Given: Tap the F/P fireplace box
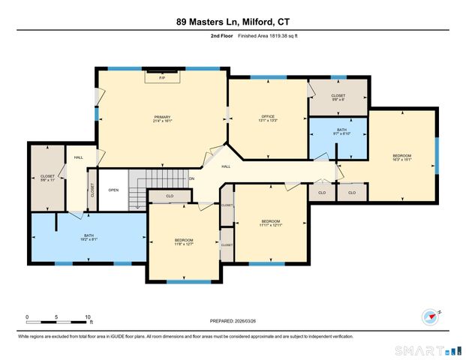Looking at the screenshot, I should [x=162, y=77].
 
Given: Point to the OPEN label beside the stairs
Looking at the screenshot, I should [x=113, y=190].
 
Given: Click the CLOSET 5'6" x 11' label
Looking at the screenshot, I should [x=47, y=178].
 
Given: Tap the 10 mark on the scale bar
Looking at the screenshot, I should [x=88, y=316].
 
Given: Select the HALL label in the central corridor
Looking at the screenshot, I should [x=226, y=167].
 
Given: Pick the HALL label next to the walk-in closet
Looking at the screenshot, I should [x=78, y=157].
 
